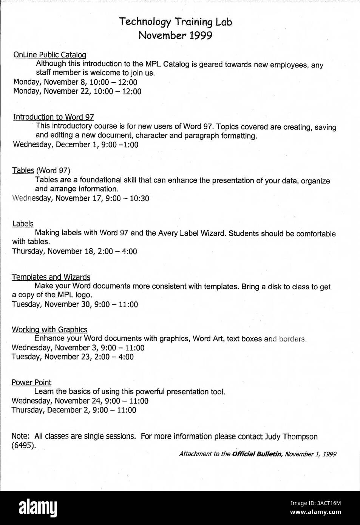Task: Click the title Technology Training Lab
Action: coord(176,22)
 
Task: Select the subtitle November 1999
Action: coord(175,36)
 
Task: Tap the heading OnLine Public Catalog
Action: coord(50,55)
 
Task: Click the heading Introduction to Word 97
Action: coord(53,117)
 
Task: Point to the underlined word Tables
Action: coord(23,170)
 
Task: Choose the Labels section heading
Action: coord(23,224)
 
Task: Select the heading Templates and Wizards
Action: coord(51,277)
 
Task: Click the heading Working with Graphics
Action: coord(49,329)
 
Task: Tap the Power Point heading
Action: coord(31,382)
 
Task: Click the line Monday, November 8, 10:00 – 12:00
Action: coord(75,82)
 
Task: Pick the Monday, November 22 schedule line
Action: coord(77,91)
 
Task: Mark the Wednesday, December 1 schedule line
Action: coord(76,144)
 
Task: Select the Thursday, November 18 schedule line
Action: coord(74,251)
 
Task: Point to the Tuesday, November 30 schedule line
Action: coord(75,304)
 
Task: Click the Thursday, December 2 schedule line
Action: coord(74,410)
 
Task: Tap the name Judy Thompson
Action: coord(291,437)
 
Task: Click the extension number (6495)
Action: coord(24,445)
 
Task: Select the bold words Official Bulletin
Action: coord(256,454)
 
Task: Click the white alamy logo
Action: coord(38,508)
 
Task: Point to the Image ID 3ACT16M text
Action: coord(315,503)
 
